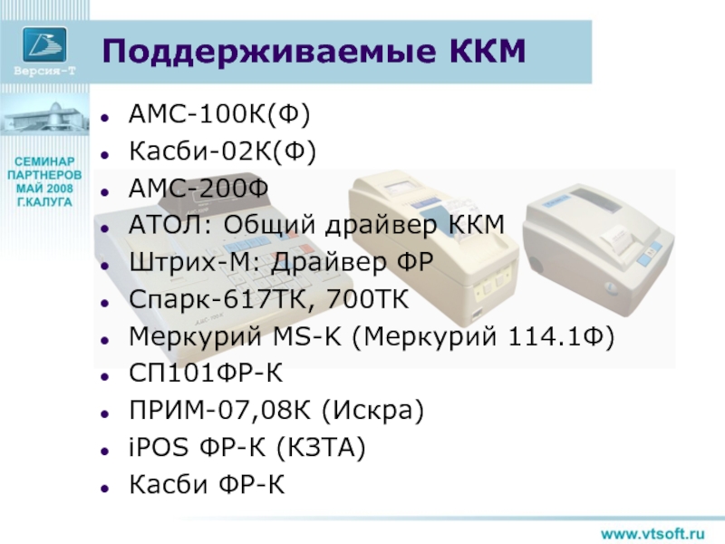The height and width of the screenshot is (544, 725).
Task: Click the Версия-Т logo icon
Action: [44, 44]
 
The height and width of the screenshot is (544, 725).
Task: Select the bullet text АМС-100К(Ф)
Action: [219, 114]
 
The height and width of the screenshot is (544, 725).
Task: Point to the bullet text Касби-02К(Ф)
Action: [222, 151]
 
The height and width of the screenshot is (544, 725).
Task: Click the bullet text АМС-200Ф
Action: [198, 189]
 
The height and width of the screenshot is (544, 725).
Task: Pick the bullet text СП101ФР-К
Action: [206, 374]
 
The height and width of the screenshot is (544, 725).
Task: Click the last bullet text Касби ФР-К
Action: [207, 484]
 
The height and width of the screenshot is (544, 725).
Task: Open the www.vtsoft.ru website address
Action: [652, 533]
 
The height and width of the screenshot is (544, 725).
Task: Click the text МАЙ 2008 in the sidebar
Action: [44, 189]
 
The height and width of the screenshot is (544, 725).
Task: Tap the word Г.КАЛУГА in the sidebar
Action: [44, 202]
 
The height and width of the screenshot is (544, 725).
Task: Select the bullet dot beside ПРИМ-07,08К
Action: [105, 413]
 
